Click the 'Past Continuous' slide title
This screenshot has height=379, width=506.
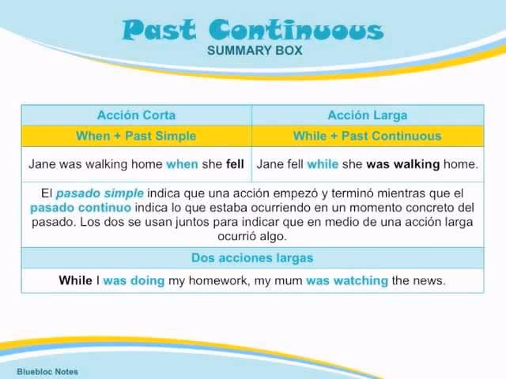pyautogui.click(x=253, y=30)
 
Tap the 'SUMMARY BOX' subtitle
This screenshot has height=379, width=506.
pyautogui.click(x=254, y=51)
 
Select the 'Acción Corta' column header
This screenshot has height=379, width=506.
pyautogui.click(x=136, y=115)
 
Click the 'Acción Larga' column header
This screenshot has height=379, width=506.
pyautogui.click(x=367, y=115)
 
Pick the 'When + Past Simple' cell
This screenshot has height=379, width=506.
pyautogui.click(x=136, y=136)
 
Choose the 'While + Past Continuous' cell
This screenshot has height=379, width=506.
pyautogui.click(x=367, y=136)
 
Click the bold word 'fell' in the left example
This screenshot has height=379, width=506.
pyautogui.click(x=235, y=165)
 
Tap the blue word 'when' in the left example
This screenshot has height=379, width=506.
pyautogui.click(x=182, y=165)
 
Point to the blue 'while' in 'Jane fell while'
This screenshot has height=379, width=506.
pyautogui.click(x=322, y=165)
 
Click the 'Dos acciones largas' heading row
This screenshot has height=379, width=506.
pyautogui.click(x=252, y=258)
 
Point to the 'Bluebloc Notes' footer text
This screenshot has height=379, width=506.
pyautogui.click(x=47, y=371)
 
